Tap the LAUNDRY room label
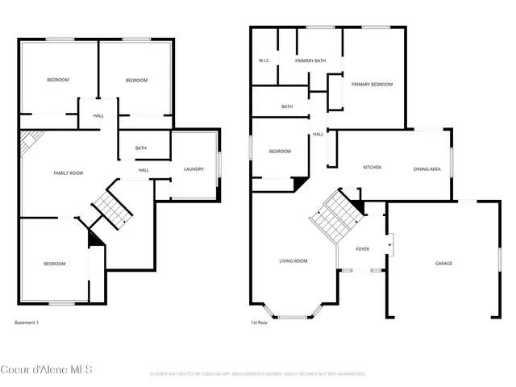click(193, 169)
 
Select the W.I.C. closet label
click(264, 60)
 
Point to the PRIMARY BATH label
click(310, 60)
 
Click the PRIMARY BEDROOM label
click(372, 84)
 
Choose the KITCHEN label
click(372, 168)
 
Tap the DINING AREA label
click(427, 169)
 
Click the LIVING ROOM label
click(293, 260)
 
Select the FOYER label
click(362, 249)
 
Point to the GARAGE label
click(443, 263)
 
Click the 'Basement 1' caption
click(27, 322)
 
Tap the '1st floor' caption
click(259, 322)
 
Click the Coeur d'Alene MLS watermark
click(47, 370)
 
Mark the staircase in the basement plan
click(111, 210)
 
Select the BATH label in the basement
click(141, 148)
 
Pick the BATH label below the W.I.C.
click(287, 106)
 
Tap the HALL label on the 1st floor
click(318, 134)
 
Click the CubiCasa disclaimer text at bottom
click(258, 374)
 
